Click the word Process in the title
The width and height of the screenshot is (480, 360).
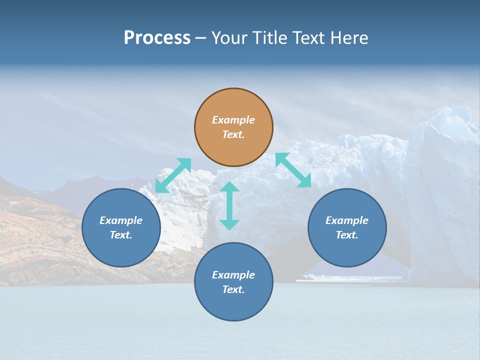(x=157, y=38)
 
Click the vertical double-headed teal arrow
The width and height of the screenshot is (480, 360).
(x=229, y=205)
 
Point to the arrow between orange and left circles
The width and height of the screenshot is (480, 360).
(x=173, y=175)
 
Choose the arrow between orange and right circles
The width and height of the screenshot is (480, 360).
(x=293, y=170)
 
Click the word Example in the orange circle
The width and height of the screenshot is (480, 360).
(x=233, y=120)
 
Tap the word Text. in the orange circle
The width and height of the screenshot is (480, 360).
(x=233, y=134)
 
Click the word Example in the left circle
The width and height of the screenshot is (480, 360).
(x=121, y=220)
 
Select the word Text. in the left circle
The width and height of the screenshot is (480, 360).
(x=121, y=235)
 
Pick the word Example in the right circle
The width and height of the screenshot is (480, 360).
(x=347, y=220)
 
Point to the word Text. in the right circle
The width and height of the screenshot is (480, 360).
(x=347, y=235)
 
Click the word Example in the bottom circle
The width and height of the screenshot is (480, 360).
(x=233, y=275)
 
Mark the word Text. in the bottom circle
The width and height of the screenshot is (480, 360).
(x=233, y=289)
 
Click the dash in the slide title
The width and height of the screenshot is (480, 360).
(x=201, y=38)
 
